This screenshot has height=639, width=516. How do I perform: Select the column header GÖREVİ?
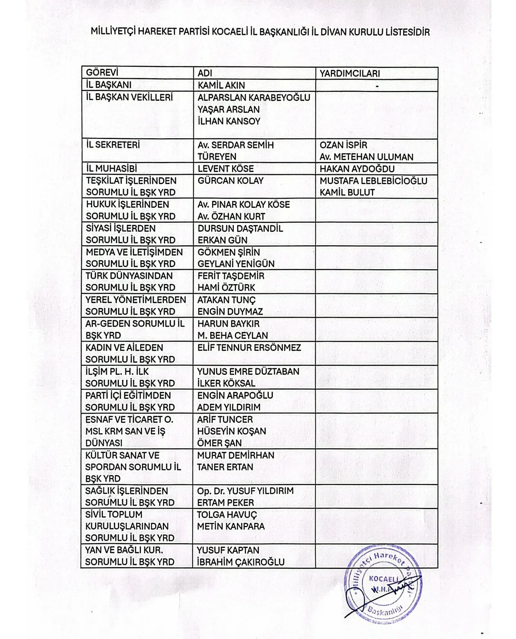[102, 72]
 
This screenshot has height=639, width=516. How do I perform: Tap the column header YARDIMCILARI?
[349, 73]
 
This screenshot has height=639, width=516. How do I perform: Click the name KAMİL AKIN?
[221, 85]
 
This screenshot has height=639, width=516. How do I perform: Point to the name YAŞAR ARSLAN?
[228, 109]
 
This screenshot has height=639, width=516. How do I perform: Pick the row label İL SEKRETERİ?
[113, 145]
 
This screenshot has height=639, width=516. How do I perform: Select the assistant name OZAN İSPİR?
[343, 145]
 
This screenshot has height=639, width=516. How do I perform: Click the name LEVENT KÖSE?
[225, 169]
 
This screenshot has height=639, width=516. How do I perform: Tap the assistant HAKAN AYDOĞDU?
[357, 169]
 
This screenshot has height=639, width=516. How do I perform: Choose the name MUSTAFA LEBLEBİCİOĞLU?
[373, 181]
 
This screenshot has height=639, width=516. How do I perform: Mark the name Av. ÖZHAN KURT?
[231, 216]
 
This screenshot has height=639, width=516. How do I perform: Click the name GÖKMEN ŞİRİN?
[228, 252]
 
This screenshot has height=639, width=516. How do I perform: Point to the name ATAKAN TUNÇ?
[226, 300]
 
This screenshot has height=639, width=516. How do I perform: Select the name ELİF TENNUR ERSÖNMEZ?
[249, 348]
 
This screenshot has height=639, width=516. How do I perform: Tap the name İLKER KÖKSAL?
[226, 383]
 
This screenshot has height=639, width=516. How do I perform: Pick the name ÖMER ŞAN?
[219, 443]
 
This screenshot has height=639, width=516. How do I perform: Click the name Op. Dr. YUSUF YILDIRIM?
[245, 491]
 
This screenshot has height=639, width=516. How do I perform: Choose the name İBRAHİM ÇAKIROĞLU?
[241, 562]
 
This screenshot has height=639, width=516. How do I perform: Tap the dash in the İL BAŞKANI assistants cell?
[377, 86]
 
